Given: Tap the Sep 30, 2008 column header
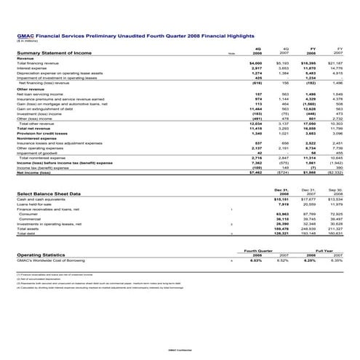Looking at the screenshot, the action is pos(333,191).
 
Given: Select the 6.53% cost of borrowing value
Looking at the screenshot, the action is pos(255,260).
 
